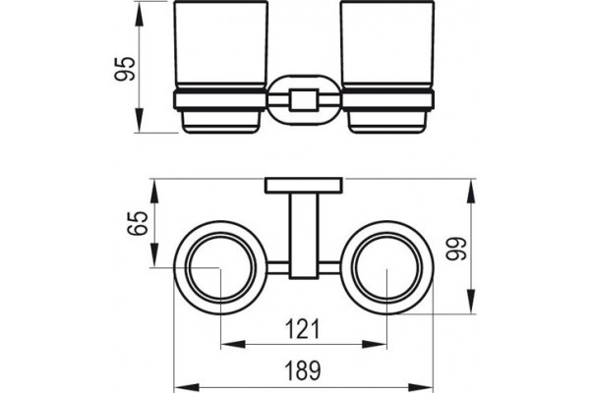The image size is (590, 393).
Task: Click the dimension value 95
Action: click(x=124, y=69)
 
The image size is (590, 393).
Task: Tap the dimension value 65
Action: click(x=137, y=223)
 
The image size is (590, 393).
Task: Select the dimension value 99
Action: click(x=455, y=249)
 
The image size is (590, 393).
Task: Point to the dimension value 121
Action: click(x=302, y=329)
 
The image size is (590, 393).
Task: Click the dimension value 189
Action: click(x=303, y=370)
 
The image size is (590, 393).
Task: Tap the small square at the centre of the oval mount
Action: click(x=304, y=100)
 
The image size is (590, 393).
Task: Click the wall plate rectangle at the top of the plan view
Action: click(x=304, y=186)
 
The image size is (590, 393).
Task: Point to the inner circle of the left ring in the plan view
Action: click(x=188, y=267)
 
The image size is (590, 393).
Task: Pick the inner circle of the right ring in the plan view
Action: click(x=355, y=267)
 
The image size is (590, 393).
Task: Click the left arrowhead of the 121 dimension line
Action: click(x=232, y=344)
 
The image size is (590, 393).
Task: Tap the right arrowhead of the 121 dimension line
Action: click(x=375, y=344)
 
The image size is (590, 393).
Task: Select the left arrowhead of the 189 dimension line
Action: click(x=186, y=388)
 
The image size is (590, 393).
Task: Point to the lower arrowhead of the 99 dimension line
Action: click(x=471, y=301)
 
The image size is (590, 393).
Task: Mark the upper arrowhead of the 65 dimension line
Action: click(x=154, y=192)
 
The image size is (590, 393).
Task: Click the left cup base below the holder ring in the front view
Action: click(x=220, y=122)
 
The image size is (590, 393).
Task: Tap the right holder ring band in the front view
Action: click(x=387, y=100)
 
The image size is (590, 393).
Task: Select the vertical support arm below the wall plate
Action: click(x=304, y=236)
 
